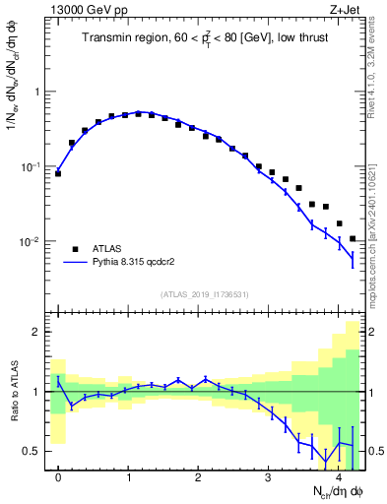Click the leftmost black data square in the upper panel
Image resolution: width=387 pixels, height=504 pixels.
[x=58, y=173]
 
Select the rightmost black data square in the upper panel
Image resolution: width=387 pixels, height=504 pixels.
[x=353, y=238]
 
